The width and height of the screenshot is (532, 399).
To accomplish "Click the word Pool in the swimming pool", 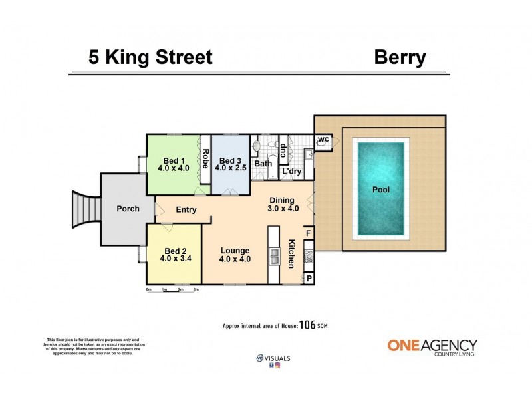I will (381, 190).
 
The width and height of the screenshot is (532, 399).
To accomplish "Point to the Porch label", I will (128, 209).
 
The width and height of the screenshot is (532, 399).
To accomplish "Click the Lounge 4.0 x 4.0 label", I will (235, 255).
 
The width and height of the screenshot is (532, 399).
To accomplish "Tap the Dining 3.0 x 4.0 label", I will (284, 204).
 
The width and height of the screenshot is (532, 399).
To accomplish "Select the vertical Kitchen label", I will (291, 253).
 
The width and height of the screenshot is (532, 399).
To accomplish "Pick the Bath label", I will (263, 164).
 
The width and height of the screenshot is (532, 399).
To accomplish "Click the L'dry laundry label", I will (291, 172).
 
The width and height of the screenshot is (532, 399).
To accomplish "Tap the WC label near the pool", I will (323, 140).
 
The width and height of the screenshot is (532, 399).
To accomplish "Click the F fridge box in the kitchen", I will (309, 233).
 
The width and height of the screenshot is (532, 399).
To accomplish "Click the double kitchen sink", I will (273, 255).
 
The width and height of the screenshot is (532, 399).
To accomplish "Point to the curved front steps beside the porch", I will (85, 208).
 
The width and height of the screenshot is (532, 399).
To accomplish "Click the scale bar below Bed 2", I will (173, 290).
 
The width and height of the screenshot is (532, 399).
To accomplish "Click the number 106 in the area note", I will (307, 325).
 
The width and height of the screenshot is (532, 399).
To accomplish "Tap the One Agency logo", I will (432, 347).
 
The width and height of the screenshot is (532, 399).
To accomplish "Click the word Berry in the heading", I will (400, 57).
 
